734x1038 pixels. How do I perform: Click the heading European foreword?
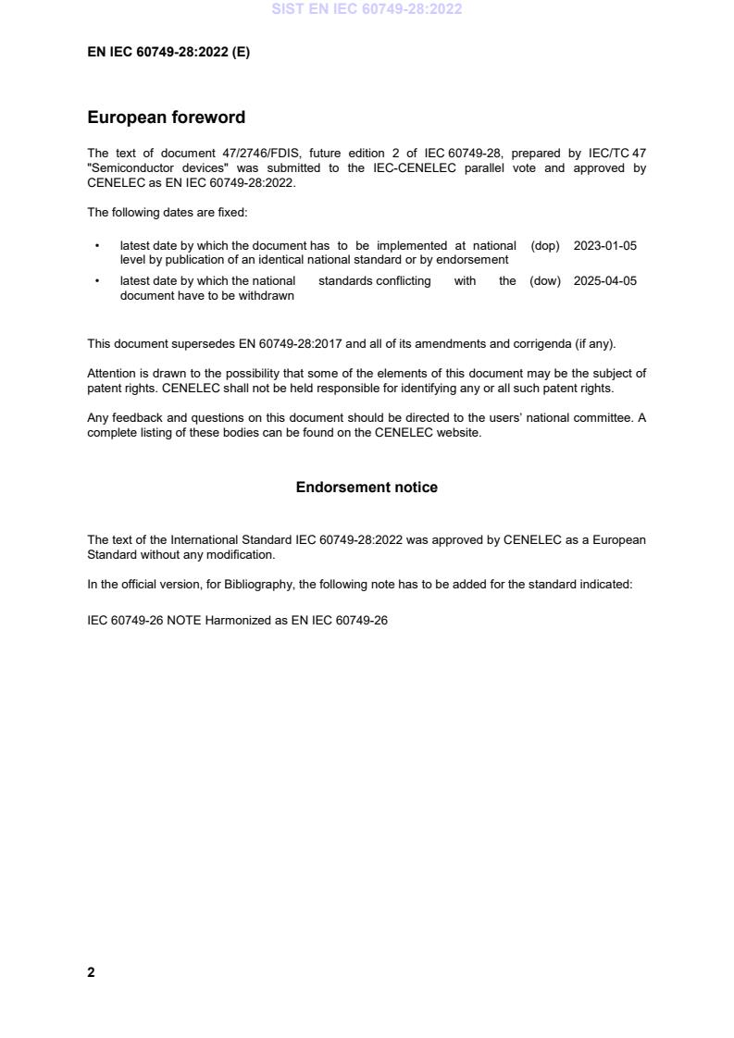coord(166,117)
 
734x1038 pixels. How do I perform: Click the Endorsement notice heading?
coord(367,488)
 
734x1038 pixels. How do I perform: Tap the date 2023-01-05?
coord(604,246)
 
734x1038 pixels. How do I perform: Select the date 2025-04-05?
coord(604,281)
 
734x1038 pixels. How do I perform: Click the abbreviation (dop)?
coord(545,246)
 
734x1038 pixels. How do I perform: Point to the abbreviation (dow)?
coord(545,281)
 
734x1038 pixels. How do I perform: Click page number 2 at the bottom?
coord(91,972)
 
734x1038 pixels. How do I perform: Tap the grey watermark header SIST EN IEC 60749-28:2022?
coord(367,9)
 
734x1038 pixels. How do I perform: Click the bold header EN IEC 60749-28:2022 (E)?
coord(168,53)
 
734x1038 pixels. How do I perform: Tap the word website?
coord(460,433)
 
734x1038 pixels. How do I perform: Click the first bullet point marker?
coord(96,246)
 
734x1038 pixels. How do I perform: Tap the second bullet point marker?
coord(96,281)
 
